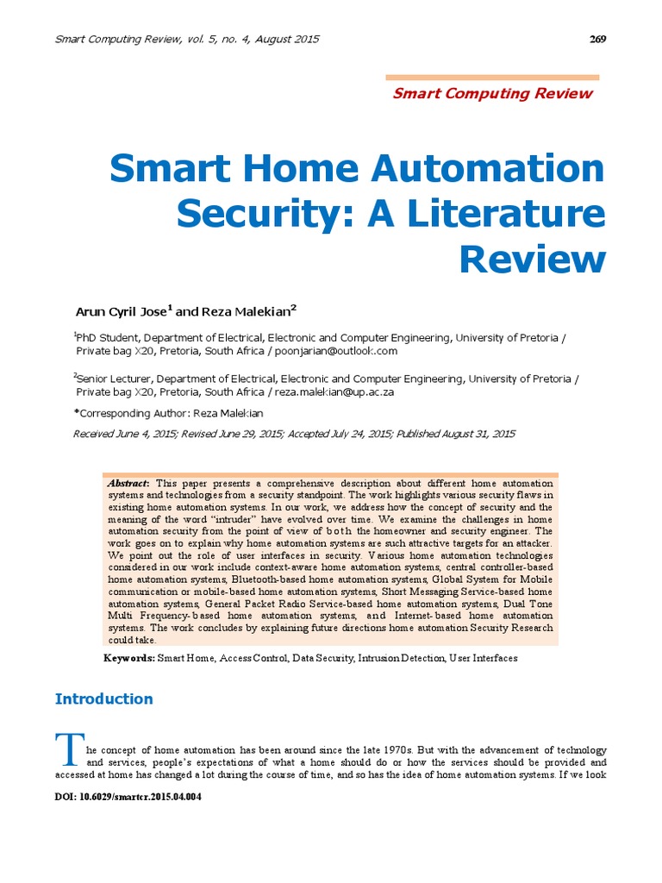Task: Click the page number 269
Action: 597,39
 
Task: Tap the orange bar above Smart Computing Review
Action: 491,77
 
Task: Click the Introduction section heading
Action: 103,698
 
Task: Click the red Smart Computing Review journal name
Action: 492,93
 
